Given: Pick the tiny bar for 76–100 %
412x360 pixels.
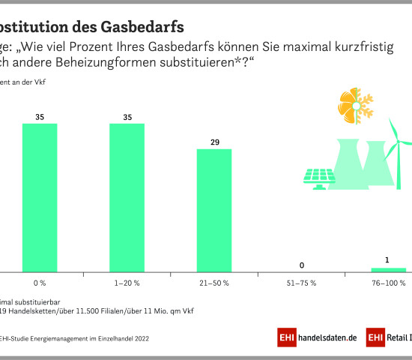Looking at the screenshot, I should [x=388, y=269].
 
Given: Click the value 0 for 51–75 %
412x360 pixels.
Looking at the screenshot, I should [x=301, y=265].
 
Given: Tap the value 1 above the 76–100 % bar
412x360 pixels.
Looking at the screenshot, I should [x=388, y=260].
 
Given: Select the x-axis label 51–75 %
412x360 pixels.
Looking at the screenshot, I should [x=301, y=283].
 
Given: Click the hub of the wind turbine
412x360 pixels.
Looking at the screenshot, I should [x=398, y=142].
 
